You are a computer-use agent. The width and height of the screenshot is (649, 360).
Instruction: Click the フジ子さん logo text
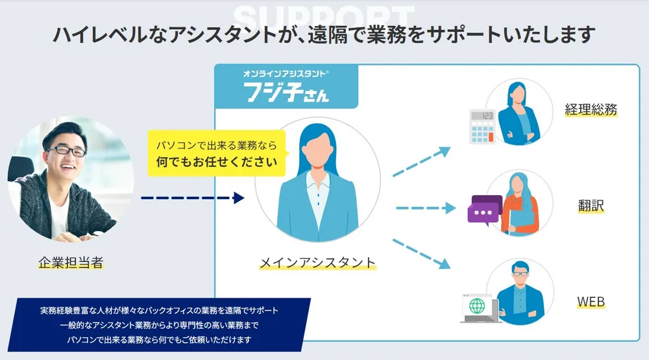click(286, 91)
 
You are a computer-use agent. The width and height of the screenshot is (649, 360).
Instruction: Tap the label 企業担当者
click(71, 263)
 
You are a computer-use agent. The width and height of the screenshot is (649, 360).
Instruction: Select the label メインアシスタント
click(317, 263)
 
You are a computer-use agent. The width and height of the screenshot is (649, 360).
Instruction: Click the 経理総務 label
click(590, 110)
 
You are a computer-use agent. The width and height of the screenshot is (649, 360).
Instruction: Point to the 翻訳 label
click(591, 206)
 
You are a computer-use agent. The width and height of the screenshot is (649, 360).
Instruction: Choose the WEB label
click(591, 302)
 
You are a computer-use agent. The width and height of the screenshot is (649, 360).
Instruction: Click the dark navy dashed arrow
click(192, 197)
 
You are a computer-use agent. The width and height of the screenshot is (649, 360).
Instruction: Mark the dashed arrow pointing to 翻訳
click(426, 208)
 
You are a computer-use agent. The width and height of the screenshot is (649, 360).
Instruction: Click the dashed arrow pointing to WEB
click(422, 250)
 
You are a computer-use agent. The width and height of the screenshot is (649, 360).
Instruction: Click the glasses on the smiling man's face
click(66, 150)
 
